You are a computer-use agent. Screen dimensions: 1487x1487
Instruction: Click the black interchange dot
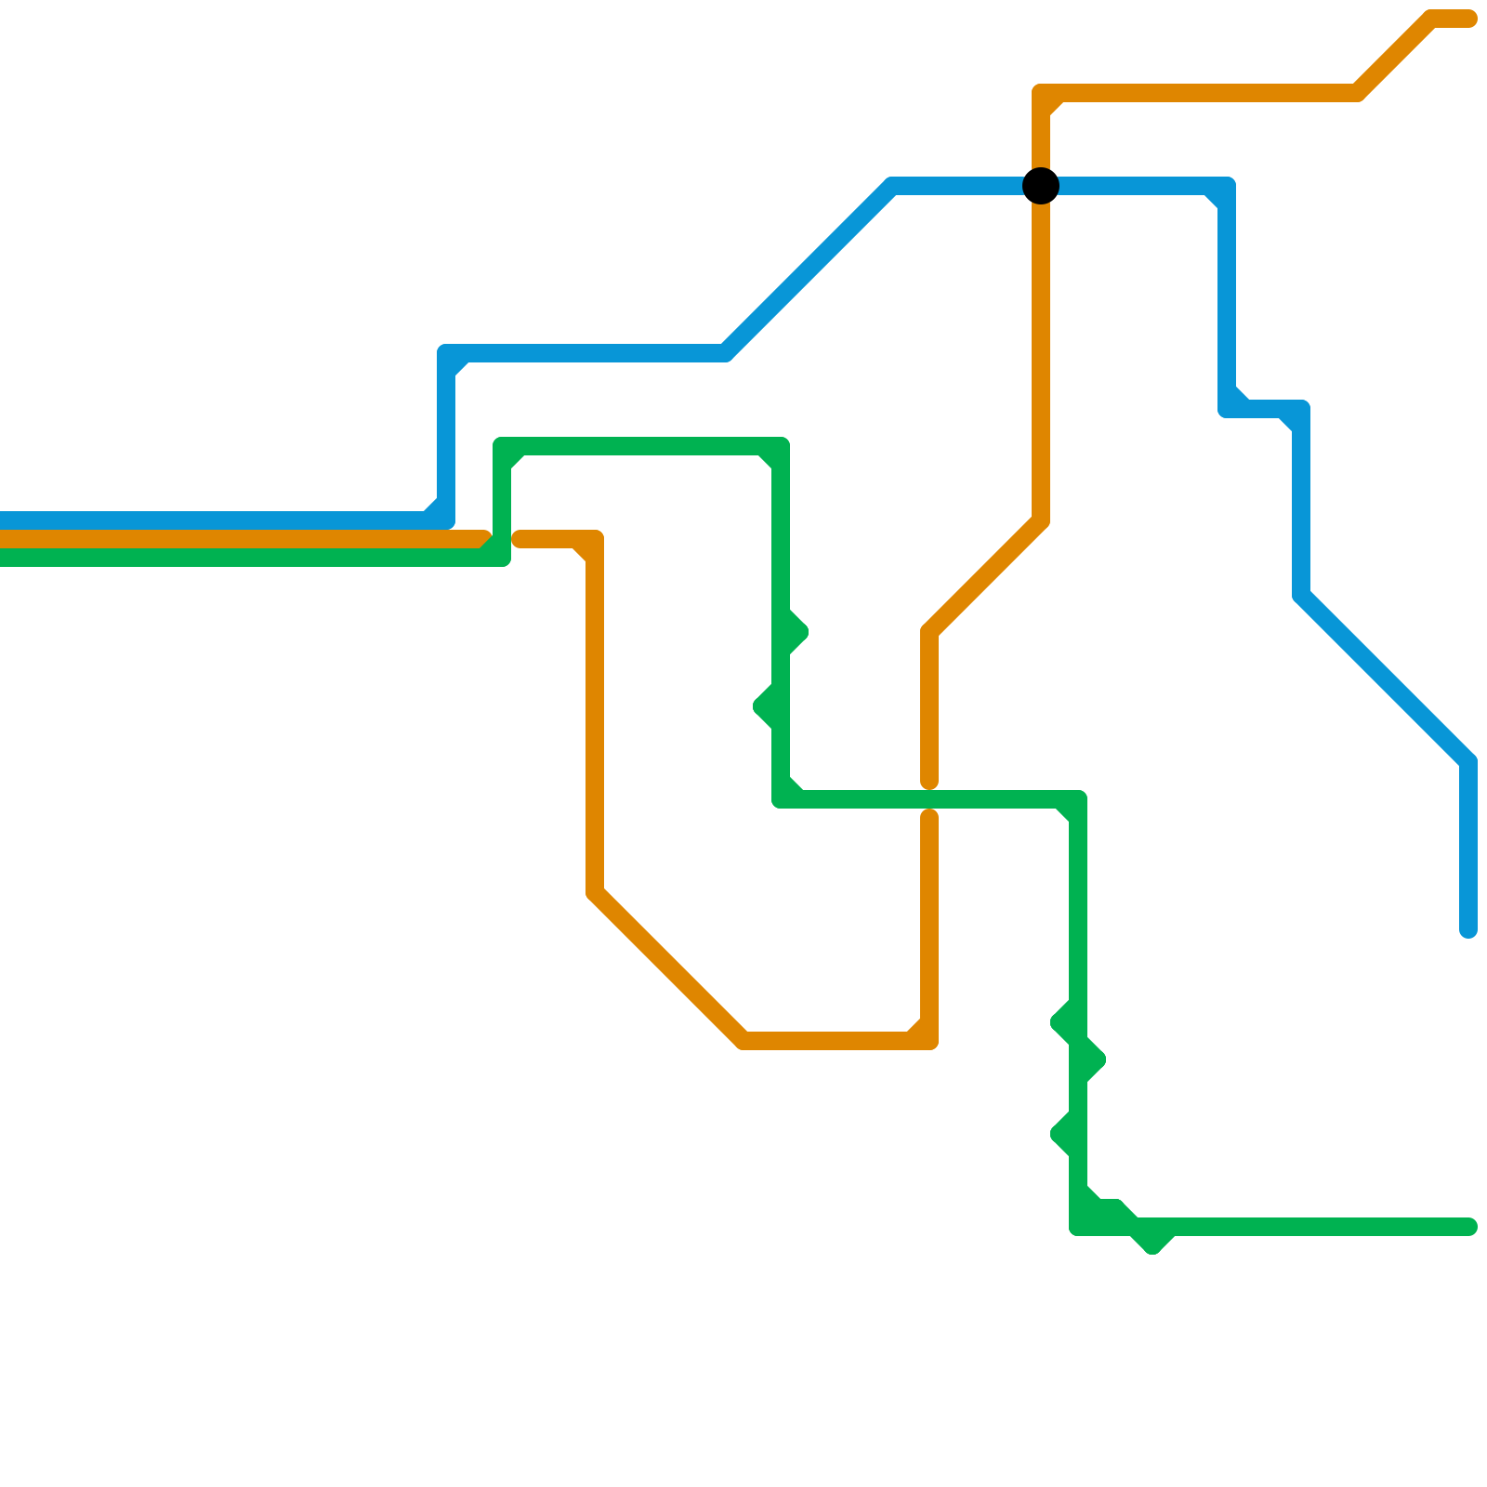pos(1041,186)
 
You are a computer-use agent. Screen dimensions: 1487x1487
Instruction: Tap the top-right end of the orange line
pos(1468,19)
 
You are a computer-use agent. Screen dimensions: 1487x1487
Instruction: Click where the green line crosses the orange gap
pos(929,799)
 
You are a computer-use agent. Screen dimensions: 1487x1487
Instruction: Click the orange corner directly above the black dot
pos(1041,93)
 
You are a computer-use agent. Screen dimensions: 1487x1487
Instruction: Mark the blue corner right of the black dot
pos(1227,186)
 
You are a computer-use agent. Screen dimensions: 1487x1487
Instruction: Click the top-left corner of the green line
pos(502,446)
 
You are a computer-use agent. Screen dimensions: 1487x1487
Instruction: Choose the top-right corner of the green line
pos(781,446)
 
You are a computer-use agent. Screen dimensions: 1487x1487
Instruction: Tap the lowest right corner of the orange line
pos(929,1041)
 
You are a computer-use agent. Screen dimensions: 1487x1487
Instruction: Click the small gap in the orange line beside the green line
pos(503,539)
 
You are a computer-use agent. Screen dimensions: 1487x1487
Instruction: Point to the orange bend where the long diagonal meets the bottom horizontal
pos(743,1041)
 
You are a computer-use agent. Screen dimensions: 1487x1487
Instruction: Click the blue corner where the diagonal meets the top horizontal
pos(892,186)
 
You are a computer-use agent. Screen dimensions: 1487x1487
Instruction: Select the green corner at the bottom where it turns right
pos(1078,1227)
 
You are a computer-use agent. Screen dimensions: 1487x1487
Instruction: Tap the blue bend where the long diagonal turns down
pos(1468,762)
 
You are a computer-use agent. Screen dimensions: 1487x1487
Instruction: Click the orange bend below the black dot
pos(1041,520)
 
